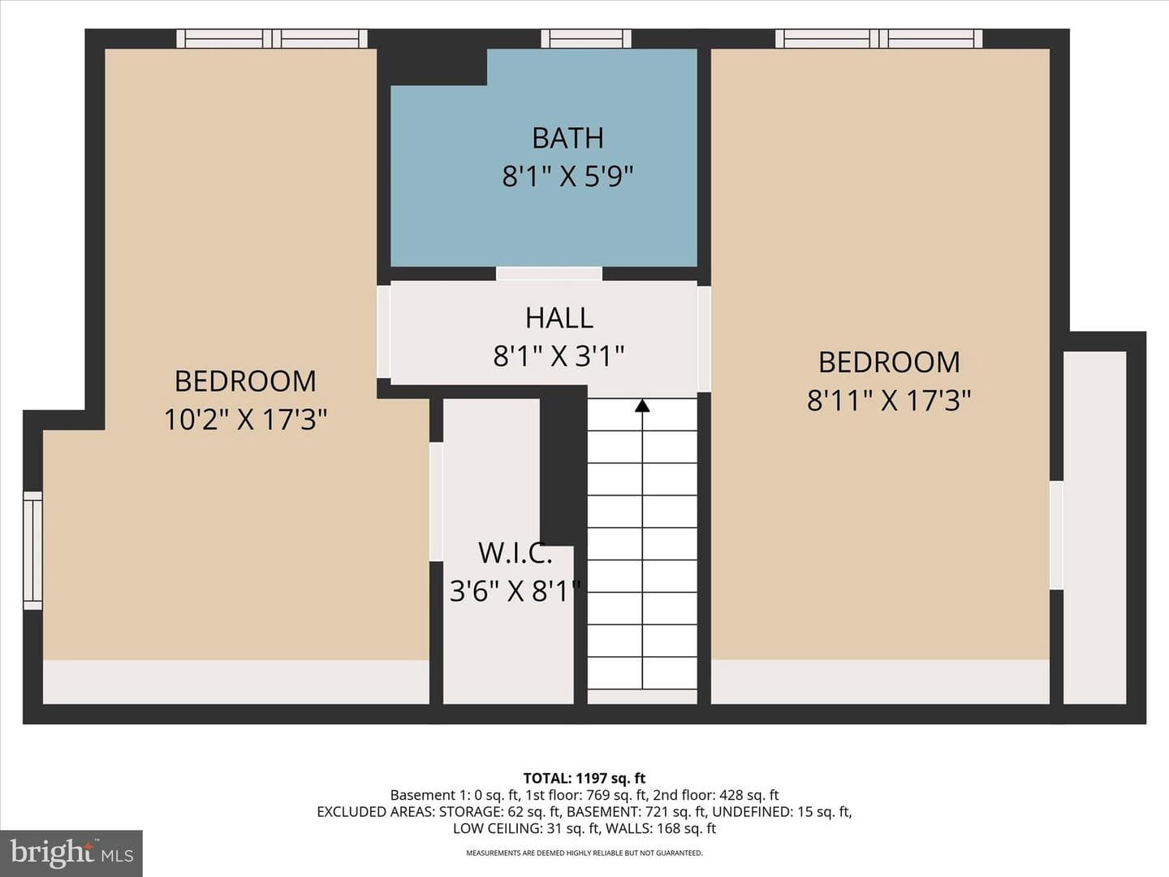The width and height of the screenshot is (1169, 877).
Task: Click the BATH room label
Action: coord(567,138)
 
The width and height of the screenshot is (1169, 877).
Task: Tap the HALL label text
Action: coord(559,318)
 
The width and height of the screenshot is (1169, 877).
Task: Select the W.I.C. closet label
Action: coord(515,552)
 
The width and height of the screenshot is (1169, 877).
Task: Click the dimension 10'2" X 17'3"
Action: coord(245,420)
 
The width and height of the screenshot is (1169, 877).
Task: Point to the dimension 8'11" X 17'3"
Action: coord(889,400)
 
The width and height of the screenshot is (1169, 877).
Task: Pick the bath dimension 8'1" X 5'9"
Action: coord(567,176)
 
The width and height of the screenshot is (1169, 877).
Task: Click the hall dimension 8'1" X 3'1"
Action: coord(559,356)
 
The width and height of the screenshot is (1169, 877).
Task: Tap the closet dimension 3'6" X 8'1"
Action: coord(515,591)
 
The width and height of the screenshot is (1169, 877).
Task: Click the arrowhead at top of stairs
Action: coord(642,406)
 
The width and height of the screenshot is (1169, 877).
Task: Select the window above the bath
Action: coord(586,39)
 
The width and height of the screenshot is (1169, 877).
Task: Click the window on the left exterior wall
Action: coord(32,550)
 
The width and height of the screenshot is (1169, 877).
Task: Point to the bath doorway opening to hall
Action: coord(549,274)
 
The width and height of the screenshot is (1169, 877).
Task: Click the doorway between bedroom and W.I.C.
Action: coord(436,501)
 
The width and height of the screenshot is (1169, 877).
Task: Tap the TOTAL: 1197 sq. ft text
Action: coord(584,779)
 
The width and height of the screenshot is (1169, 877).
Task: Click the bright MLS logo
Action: coord(71,853)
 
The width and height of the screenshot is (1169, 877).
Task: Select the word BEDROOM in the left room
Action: coord(245,382)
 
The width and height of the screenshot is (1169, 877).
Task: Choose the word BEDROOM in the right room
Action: coord(889,362)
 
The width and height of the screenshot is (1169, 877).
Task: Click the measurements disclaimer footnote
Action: coord(584,853)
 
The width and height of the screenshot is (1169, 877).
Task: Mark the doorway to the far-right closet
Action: coord(1057,535)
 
